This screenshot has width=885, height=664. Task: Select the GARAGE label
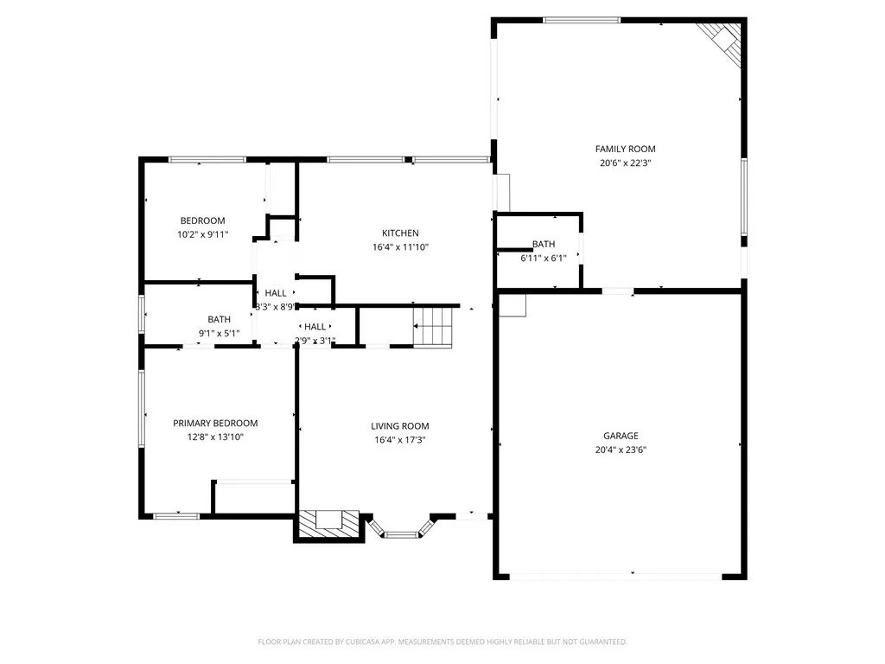[621, 436]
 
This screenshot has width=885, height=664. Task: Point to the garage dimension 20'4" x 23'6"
[621, 450]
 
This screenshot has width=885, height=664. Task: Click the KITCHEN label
[400, 233]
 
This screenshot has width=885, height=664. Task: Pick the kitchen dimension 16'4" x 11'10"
[400, 246]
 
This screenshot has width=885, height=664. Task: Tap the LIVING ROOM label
[400, 425]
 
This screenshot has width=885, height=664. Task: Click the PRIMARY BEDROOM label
[215, 423]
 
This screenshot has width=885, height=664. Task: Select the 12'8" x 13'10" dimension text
[215, 437]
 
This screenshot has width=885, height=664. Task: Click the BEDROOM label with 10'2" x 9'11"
[202, 220]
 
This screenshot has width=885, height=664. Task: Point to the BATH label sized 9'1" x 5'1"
[219, 319]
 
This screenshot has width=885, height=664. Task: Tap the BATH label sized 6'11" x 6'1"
[544, 244]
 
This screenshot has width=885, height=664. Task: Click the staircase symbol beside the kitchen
[433, 327]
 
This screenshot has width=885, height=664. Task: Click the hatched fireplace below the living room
[328, 524]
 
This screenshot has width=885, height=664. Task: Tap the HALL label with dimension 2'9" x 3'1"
[315, 326]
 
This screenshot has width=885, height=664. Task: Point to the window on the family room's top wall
[594, 20]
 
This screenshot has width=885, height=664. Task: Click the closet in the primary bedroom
[253, 497]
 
